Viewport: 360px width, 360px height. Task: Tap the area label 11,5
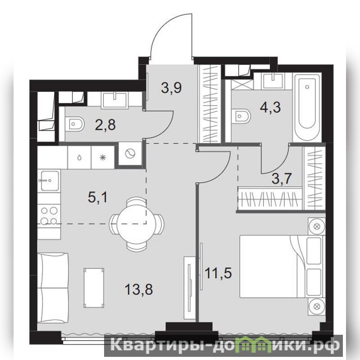pos(218,273)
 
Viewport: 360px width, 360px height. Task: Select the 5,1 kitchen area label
pos(98,197)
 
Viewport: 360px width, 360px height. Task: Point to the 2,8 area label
pos(105,125)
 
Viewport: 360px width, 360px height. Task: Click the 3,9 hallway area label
pos(171,88)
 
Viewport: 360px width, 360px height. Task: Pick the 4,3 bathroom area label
pos(270,107)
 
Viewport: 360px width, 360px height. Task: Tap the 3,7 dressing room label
pos(282,179)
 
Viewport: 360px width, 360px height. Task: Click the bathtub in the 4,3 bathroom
pos(307,107)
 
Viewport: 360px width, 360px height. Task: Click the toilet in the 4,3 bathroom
pos(241,116)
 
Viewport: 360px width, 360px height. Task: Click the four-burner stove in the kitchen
pos(49,215)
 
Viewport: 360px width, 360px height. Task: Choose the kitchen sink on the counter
pos(49,181)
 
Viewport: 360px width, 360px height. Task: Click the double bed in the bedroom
pos(282,266)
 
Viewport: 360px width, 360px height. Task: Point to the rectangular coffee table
pos(94,287)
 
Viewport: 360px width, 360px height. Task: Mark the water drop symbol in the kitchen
pos(79,158)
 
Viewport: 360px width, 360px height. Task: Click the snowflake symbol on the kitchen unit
pos(103,158)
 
